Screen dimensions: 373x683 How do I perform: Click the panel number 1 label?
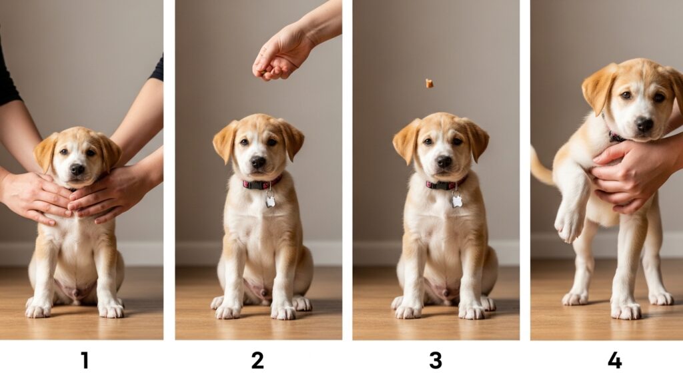pyautogui.click(x=84, y=360)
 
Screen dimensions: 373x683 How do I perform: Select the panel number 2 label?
pyautogui.click(x=257, y=360)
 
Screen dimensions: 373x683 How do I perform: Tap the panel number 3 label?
pyautogui.click(x=435, y=360)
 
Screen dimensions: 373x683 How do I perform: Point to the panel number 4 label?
pyautogui.click(x=614, y=360)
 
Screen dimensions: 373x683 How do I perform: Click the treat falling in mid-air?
pyautogui.click(x=430, y=83)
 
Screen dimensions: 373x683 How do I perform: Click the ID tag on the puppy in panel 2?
pyautogui.click(x=270, y=200)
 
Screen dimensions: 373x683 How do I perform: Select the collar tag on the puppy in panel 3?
pyautogui.click(x=456, y=200)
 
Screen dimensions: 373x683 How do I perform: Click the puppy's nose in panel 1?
pyautogui.click(x=77, y=169)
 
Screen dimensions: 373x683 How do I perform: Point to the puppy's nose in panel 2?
pyautogui.click(x=258, y=161)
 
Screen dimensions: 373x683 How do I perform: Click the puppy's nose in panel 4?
pyautogui.click(x=644, y=124)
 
